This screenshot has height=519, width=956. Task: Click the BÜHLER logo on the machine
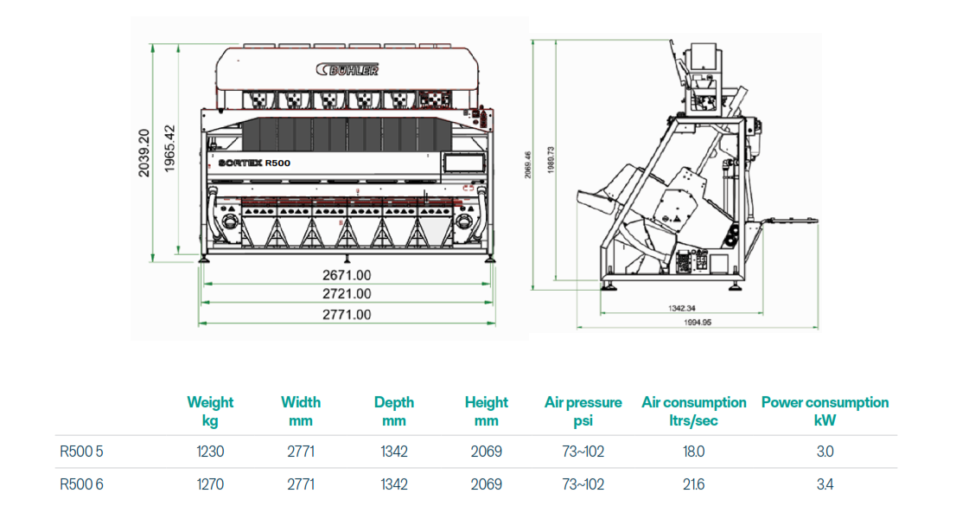tap(348, 70)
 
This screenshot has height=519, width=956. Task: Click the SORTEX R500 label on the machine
tap(254, 162)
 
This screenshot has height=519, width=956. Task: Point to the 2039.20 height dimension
tap(144, 153)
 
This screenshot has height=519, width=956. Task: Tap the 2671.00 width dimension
tap(347, 274)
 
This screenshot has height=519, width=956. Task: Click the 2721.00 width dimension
tap(347, 294)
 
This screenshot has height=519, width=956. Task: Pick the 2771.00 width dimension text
tap(347, 314)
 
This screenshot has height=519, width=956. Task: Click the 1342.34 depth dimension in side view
tap(682, 308)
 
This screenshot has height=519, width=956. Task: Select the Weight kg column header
tap(210, 411)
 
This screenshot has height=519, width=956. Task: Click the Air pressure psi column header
tap(583, 411)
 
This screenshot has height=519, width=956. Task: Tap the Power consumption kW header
tap(825, 411)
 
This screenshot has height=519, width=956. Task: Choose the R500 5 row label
tap(81, 452)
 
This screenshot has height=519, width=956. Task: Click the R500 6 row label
tap(81, 484)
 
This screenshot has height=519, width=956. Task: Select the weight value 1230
tap(210, 452)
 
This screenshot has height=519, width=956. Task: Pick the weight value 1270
tap(210, 484)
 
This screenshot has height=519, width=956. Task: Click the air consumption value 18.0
tap(693, 452)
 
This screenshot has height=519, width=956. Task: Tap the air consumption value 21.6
tap(693, 484)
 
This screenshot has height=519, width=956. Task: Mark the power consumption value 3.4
tap(825, 484)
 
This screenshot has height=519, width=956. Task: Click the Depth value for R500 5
tap(394, 452)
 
